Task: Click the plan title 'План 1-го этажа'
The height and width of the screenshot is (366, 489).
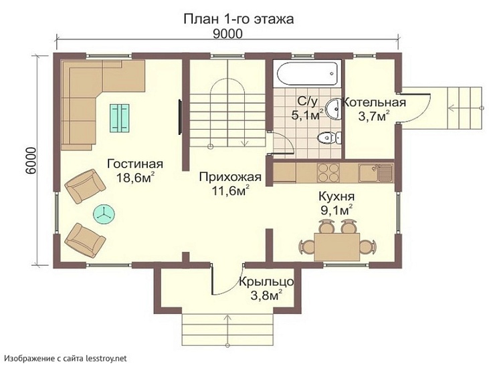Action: pos(239,19)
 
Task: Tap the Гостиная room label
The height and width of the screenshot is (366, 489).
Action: pos(135,164)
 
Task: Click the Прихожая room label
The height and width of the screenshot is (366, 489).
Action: pos(225,176)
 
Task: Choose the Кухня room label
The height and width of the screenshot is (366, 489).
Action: pos(337,197)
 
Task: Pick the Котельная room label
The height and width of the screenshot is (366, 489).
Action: pos(375,103)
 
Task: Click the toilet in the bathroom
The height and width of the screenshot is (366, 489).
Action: pos(326,139)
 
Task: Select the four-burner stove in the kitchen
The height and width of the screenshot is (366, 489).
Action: pos(328,173)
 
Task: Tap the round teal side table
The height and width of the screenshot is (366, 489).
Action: pos(104,213)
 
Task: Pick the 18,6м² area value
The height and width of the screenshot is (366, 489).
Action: pos(135,178)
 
